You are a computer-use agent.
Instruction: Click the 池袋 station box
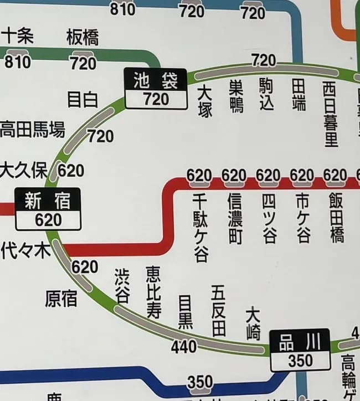point(156,89)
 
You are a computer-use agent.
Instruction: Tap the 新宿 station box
point(48,209)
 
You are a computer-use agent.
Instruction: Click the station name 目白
point(83,100)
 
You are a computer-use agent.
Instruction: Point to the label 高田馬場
point(32,130)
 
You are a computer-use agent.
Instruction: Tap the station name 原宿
point(61,299)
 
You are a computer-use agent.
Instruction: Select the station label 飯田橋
point(336,218)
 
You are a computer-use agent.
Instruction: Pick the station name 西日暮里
point(331,114)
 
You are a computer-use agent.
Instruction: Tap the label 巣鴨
point(236,95)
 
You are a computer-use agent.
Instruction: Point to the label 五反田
point(219,311)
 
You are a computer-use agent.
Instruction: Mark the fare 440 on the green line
point(184,347)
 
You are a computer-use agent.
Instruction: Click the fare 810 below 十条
point(18,62)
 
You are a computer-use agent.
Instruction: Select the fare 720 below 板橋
point(83,63)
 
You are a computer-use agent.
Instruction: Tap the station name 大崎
point(253,322)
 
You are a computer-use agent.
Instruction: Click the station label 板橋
point(83,38)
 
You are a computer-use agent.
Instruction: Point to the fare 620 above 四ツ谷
point(268,176)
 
